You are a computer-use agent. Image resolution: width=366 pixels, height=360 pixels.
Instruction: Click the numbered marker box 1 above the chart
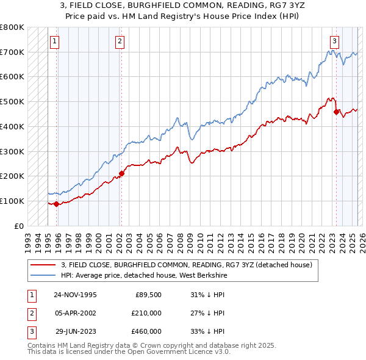(x=55, y=41)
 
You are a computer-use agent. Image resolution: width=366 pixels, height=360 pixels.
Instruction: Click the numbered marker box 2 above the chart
(x=120, y=41)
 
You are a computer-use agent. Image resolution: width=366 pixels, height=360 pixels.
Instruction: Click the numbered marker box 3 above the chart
(x=335, y=41)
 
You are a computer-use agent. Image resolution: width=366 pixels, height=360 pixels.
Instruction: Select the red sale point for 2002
(x=121, y=173)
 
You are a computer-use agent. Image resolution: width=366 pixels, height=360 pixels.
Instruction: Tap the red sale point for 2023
(x=336, y=111)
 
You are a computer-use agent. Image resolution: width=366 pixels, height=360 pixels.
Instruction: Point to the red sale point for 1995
(x=57, y=204)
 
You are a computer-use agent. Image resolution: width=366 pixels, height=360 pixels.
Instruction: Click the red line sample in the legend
(x=43, y=265)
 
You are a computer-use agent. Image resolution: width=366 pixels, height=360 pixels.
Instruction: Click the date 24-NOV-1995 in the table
(x=75, y=295)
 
